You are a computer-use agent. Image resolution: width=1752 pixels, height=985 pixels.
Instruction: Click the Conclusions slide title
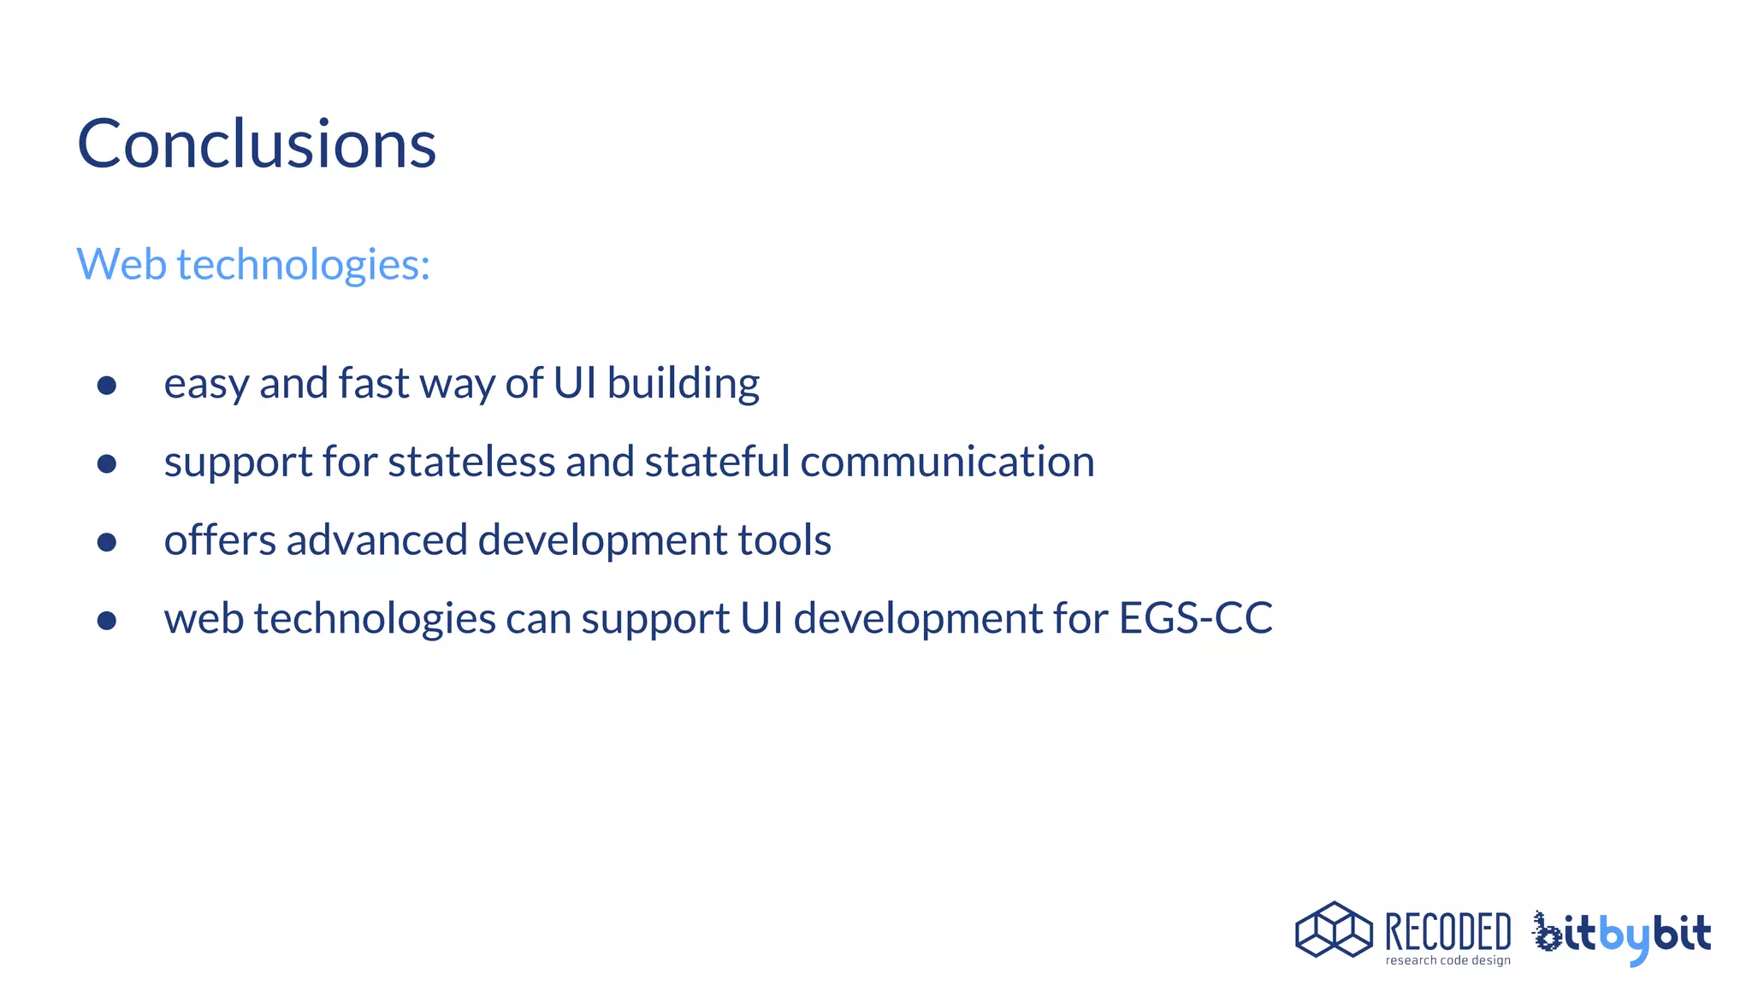[x=257, y=144]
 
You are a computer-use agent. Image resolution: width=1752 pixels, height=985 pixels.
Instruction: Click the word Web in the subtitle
[x=121, y=263]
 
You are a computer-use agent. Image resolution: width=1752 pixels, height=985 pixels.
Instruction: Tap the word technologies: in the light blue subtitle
[x=303, y=265]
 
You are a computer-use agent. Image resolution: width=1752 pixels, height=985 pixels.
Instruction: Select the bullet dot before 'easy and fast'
[x=107, y=386]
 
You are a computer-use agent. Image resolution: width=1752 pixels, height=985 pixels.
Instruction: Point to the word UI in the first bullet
[x=575, y=382]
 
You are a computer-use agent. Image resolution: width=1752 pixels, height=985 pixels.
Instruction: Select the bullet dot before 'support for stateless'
[x=107, y=464]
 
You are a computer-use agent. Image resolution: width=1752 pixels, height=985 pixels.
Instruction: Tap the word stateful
[x=717, y=462]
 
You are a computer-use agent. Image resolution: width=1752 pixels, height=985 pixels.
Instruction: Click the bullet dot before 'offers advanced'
[x=107, y=542]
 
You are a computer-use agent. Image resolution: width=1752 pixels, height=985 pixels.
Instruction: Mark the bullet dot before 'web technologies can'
[x=107, y=621]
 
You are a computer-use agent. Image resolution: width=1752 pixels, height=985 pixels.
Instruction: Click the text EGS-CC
[x=1195, y=618]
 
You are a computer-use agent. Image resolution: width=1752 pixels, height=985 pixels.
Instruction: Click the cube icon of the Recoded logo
[x=1333, y=930]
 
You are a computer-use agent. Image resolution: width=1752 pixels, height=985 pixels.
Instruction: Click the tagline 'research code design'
[x=1447, y=961]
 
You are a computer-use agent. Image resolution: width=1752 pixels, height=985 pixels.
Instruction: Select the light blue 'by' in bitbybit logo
[x=1624, y=937]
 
